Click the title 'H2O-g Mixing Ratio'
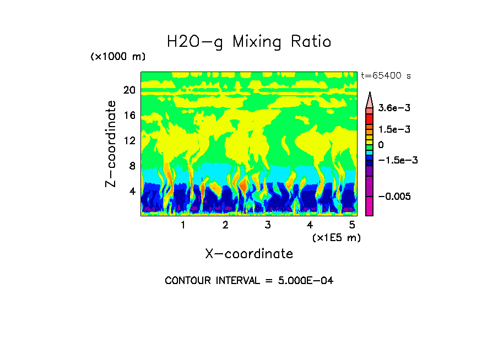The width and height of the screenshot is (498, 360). [249, 42]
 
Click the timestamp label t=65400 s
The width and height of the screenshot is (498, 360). [386, 75]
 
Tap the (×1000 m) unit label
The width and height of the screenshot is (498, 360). [118, 57]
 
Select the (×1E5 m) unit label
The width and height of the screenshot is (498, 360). [336, 237]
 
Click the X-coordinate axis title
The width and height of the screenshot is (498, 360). [249, 254]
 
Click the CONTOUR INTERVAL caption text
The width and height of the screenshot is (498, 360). [249, 281]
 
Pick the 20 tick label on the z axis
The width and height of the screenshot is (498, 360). [129, 90]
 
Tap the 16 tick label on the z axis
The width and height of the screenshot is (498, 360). [129, 116]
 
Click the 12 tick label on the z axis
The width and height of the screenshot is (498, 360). [129, 141]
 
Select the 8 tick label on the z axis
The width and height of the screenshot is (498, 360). [132, 166]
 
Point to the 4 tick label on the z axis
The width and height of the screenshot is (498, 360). [132, 192]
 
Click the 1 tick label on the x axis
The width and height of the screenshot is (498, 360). [183, 225]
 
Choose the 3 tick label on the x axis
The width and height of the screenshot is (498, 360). [267, 225]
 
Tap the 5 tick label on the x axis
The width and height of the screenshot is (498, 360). [351, 225]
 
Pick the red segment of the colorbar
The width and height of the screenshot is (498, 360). [370, 118]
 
